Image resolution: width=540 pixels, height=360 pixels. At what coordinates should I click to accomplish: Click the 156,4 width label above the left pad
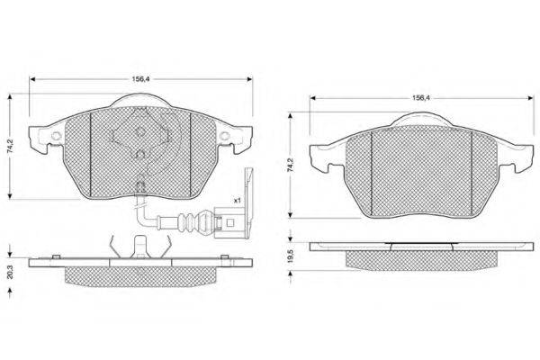141,79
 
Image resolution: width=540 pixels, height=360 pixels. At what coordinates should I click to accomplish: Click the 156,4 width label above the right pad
421,98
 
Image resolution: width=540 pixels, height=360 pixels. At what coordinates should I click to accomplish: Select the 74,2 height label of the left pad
11,146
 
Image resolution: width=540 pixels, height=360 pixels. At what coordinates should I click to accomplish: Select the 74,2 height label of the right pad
291,166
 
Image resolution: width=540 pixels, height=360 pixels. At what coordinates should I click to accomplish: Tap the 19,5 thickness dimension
291,256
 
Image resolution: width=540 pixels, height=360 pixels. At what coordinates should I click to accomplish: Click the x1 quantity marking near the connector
238,200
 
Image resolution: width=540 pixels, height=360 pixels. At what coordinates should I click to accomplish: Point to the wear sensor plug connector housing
229,222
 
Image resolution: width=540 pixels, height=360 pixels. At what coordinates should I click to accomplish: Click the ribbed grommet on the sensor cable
189,222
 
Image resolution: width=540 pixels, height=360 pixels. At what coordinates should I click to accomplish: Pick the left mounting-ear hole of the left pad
55,136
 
